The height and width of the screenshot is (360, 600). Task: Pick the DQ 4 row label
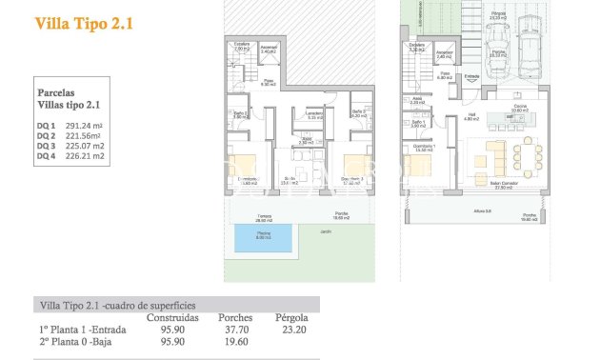coord(46,159)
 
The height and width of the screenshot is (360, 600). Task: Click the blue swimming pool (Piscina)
coord(263,236)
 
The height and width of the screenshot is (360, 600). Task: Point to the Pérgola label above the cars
coord(497,14)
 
